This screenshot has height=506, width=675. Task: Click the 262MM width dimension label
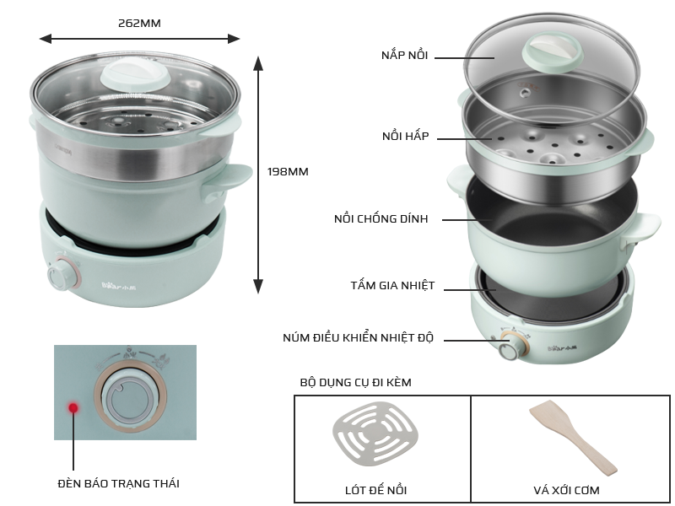[x=139, y=23]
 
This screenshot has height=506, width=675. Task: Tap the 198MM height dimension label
[x=288, y=171]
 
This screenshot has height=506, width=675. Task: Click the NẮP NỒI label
[x=405, y=55]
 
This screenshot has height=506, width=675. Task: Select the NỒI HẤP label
[x=406, y=136]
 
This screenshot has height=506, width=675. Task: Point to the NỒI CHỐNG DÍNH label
[x=381, y=218]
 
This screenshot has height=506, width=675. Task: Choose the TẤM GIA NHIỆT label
[x=392, y=285]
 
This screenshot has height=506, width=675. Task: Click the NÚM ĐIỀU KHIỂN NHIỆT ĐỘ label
[x=358, y=338]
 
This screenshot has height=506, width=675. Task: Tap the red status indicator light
[x=73, y=407]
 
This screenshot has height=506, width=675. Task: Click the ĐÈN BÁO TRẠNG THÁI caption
[x=118, y=483]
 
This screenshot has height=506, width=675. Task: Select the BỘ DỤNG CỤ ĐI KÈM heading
[x=355, y=382]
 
